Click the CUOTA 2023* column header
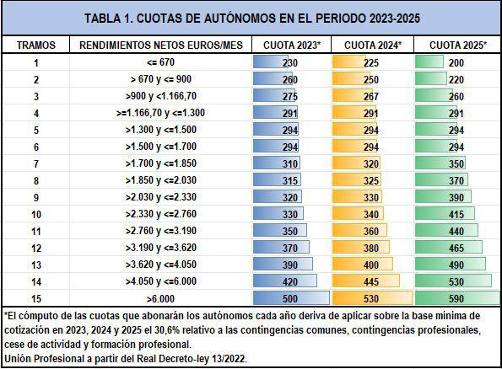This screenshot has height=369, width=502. pos(292,45)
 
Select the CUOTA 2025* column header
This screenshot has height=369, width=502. pos(458,45)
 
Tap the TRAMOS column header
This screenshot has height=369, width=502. pos(35,45)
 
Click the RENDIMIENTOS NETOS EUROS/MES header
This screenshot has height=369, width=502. pos(161,45)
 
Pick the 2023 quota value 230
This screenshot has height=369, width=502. pos(290,62)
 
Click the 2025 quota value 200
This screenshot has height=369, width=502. pos(456,62)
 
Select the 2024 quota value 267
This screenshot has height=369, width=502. pos(371,97)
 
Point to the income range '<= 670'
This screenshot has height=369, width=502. pos(160,62)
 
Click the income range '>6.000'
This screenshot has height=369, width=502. pos(160,299)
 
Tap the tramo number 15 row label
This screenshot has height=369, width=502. pos(36,298)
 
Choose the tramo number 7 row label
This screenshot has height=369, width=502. pos(36,164)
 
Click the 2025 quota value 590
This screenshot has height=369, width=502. pos(456,298)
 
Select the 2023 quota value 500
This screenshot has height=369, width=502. pos(290,298)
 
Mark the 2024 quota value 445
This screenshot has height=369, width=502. pos(371,281)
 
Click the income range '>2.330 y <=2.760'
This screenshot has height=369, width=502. pos(160,214)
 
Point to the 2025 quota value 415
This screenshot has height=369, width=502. pos(456,214)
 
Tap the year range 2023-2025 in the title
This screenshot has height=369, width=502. pos(395,19)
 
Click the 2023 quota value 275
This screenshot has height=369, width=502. pos(290,97)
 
